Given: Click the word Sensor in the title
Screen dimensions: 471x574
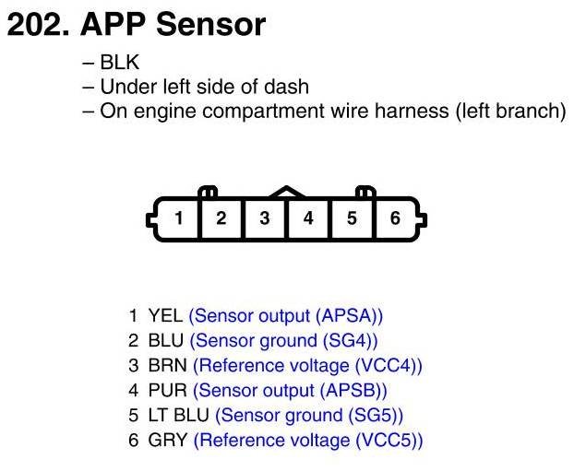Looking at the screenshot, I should pyautogui.click(x=210, y=25).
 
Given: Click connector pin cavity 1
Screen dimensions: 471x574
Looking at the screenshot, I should pyautogui.click(x=178, y=219).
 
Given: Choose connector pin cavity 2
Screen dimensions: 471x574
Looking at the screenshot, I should pyautogui.click(x=221, y=219).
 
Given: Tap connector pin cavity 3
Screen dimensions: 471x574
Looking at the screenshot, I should pyautogui.click(x=265, y=219).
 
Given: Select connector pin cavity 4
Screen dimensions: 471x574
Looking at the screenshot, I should pyautogui.click(x=308, y=219).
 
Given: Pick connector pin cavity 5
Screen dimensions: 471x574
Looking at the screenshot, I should pyautogui.click(x=352, y=219).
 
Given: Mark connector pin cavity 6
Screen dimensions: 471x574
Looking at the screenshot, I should pyautogui.click(x=395, y=219).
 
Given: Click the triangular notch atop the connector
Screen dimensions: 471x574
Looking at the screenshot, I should pyautogui.click(x=286, y=193).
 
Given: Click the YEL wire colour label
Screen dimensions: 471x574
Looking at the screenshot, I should pyautogui.click(x=165, y=315).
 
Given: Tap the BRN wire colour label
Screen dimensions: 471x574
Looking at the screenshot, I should pyautogui.click(x=167, y=365).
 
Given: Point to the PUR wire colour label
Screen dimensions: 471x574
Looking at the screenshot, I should pyautogui.click(x=167, y=390).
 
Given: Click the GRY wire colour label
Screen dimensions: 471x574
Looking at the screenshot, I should pyautogui.click(x=167, y=440).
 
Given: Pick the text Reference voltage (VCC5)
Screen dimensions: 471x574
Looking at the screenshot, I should pyautogui.click(x=308, y=440).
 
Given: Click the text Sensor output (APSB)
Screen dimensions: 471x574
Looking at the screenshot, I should pyautogui.click(x=290, y=390).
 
